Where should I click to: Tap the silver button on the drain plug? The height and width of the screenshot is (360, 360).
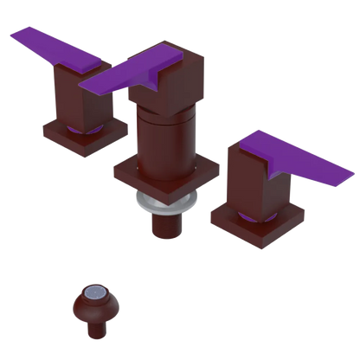click(98, 296)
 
